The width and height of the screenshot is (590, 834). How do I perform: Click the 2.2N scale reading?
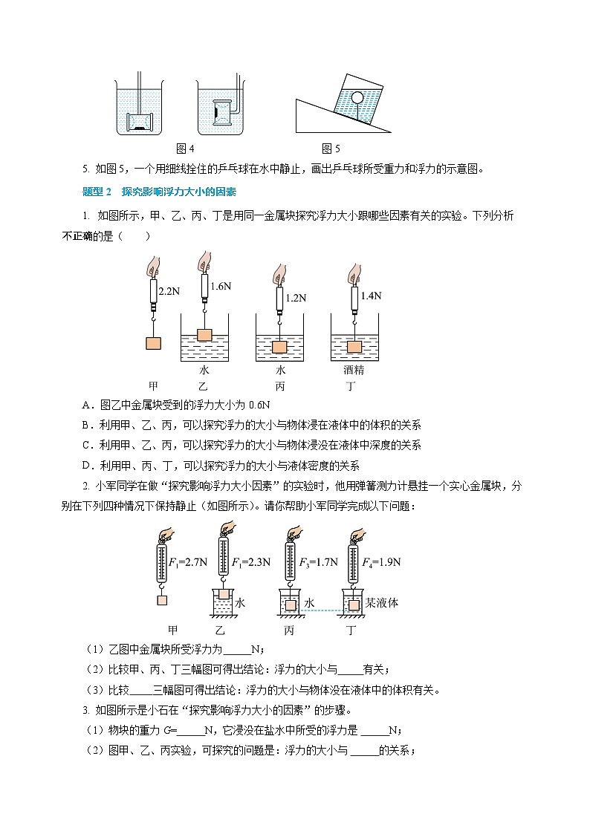170,292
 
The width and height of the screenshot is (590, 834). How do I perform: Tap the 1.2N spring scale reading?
295,298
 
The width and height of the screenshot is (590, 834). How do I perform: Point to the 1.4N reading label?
370,295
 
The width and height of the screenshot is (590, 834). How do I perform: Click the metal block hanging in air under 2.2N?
153,343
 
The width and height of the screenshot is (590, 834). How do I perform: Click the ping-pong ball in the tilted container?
356,96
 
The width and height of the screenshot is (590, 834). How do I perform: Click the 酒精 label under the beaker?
354,370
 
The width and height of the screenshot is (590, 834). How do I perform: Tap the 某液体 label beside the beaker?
382,602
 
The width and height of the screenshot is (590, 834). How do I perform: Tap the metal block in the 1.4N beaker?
353,346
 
